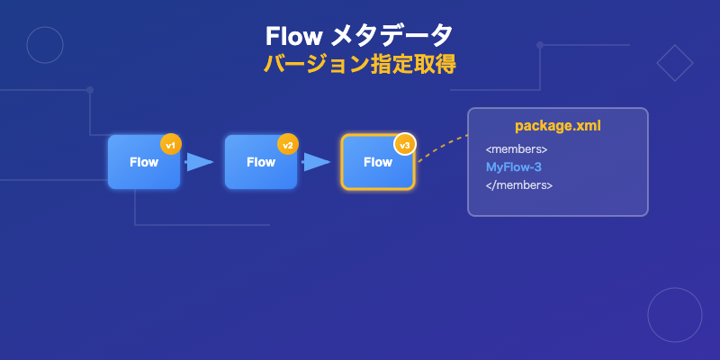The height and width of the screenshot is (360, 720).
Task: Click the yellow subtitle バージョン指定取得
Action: click(360, 65)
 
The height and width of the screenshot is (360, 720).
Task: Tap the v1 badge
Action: click(170, 144)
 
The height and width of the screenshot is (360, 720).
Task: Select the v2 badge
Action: click(287, 144)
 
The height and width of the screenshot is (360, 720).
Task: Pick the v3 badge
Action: click(404, 144)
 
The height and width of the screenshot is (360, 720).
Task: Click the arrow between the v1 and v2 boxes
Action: click(200, 162)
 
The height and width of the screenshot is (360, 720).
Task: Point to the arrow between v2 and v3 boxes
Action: click(317, 162)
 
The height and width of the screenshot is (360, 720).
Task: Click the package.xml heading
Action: click(557, 126)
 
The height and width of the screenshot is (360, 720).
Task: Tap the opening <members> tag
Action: click(517, 148)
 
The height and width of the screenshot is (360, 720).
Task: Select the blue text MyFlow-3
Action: click(513, 167)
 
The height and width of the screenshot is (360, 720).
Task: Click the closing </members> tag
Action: click(518, 185)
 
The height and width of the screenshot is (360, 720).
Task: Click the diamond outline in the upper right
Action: click(674, 63)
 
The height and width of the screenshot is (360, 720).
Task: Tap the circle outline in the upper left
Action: click(45, 45)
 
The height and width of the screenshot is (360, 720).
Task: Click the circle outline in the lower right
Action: click(674, 315)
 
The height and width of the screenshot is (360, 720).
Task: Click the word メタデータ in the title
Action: click(392, 35)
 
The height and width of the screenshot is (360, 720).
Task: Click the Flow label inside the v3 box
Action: click(377, 163)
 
